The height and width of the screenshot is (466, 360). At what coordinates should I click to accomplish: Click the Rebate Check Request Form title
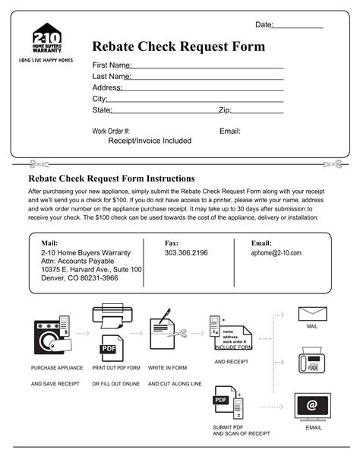point(178,47)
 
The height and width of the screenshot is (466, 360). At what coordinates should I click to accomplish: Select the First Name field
point(207,65)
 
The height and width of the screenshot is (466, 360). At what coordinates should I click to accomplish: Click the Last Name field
point(207,77)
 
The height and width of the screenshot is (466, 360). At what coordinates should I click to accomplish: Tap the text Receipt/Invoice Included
point(150,141)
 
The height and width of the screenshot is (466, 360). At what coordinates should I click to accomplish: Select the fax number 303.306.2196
point(186,253)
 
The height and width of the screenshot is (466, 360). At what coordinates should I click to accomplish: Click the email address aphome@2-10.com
point(276,253)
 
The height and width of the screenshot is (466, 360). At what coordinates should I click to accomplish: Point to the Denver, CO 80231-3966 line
point(79,278)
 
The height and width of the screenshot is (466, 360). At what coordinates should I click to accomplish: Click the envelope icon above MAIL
point(312,313)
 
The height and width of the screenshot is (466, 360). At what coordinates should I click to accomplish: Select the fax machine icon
point(312,359)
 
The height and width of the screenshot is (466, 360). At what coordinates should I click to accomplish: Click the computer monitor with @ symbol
point(312,406)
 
